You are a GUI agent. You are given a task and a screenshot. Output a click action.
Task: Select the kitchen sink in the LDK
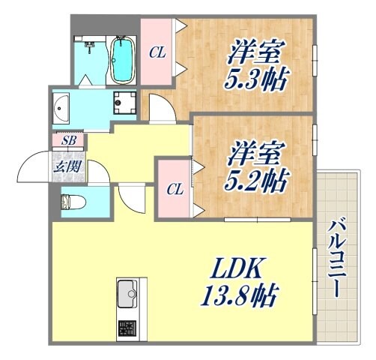tap(127, 291)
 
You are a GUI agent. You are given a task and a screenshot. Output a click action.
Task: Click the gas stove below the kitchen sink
tap(127, 327)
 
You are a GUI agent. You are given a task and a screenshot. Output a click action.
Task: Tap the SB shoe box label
tap(68, 140)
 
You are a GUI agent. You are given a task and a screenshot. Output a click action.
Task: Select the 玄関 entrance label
tap(67, 166)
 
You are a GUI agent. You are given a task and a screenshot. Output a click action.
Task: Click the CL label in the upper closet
tap(157, 52)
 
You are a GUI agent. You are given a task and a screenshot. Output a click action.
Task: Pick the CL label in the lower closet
tap(175, 187)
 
